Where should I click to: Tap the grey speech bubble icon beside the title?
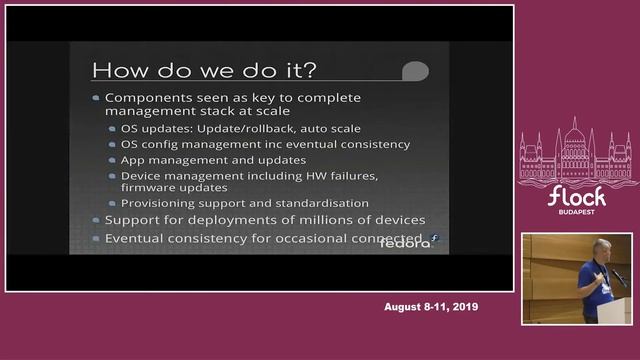(415, 71)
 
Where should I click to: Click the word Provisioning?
(164, 203)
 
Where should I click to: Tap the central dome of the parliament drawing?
(575, 135)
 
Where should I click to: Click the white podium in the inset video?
(612, 310)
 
